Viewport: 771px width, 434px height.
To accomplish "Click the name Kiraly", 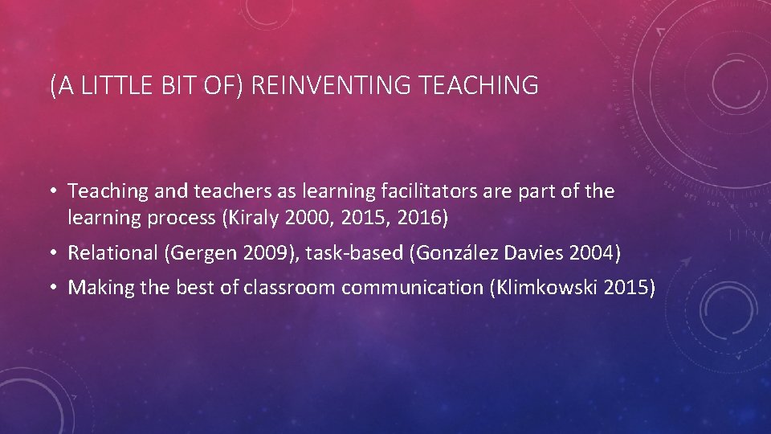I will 247,218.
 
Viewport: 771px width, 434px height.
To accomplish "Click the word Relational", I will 112,253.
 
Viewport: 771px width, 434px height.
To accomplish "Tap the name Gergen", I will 198,253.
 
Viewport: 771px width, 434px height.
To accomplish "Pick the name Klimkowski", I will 549,288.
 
